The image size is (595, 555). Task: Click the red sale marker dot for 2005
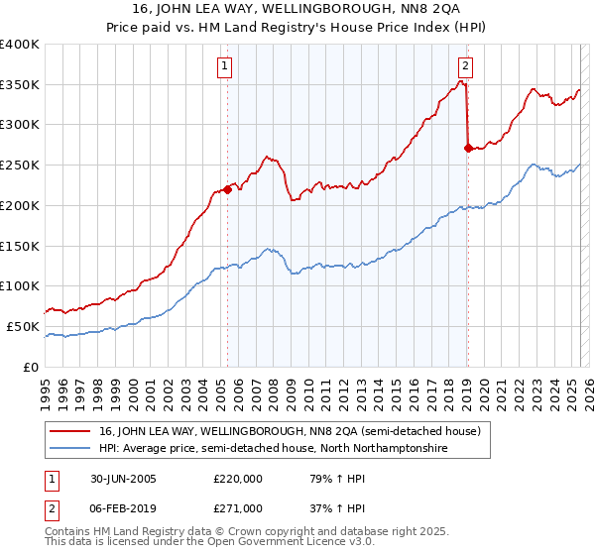pos(227,189)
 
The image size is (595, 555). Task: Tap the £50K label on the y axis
pos(23,326)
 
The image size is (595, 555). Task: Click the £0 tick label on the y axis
pos(32,367)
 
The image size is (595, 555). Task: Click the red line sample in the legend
pos(68,431)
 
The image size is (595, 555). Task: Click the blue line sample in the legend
pos(68,448)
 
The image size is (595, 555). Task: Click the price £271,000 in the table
pos(238,508)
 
